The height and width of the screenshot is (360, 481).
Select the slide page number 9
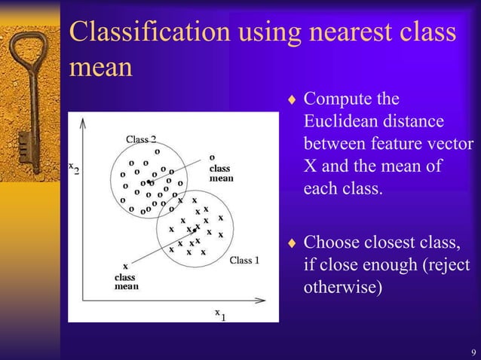[x=472, y=352]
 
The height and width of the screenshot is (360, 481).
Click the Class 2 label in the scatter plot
[x=141, y=139]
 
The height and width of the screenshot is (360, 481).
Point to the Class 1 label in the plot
[x=244, y=261]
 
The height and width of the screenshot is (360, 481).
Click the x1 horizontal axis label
[x=219, y=313]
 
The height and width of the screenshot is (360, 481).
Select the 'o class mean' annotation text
[x=220, y=169]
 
